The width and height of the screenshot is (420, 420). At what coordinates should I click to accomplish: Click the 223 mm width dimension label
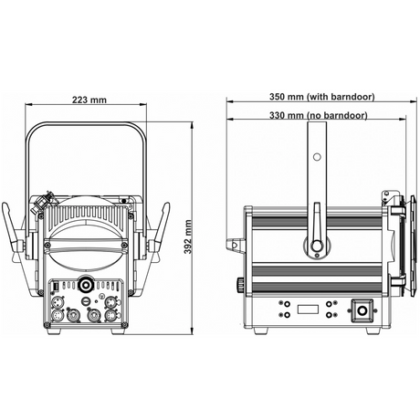tap(89, 100)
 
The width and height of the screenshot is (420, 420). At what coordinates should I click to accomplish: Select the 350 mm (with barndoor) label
tap(321, 97)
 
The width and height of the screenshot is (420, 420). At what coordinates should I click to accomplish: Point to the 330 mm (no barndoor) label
tap(319, 116)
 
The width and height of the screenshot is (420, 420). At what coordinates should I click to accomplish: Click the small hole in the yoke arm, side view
tap(317, 157)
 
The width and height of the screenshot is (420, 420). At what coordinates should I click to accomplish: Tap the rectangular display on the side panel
tap(308, 310)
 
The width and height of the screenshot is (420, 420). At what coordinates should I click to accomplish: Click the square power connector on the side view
tap(362, 310)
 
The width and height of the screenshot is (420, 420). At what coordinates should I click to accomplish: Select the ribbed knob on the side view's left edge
tap(240, 284)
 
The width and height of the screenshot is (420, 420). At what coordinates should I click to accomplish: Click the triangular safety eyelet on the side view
tap(235, 245)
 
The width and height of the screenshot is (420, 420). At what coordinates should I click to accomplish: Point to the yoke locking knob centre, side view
tap(317, 246)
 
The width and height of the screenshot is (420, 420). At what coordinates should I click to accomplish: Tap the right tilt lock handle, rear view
tap(160, 226)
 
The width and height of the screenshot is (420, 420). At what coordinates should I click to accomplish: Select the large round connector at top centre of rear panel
tap(86, 285)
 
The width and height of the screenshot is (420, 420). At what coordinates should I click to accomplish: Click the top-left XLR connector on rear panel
tap(58, 303)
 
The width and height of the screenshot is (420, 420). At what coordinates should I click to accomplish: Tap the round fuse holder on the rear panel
tap(86, 301)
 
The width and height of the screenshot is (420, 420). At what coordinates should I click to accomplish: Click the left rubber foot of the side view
tap(261, 331)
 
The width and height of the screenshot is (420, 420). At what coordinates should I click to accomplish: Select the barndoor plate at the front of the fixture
tap(413, 246)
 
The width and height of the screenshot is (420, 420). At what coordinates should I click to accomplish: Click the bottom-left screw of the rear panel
tap(47, 324)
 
